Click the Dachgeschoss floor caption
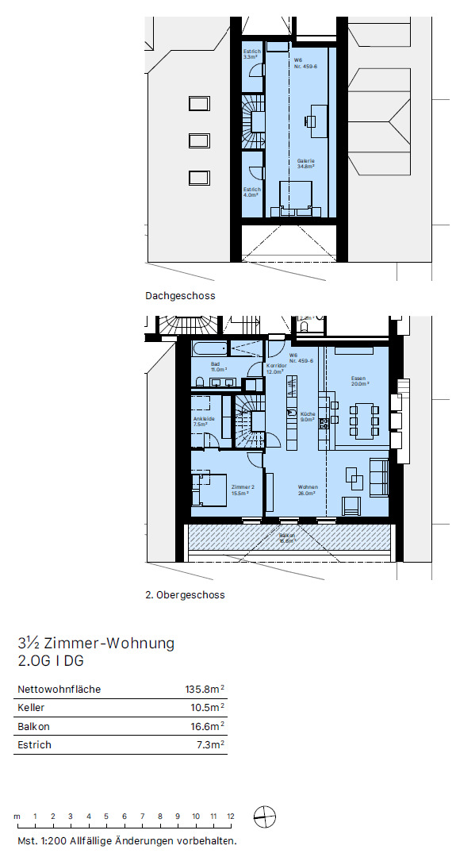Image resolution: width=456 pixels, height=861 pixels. [x=180, y=296]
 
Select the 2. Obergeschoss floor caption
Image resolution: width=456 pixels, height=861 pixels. [x=185, y=594]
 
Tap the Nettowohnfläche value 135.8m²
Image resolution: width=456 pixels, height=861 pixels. [x=205, y=690]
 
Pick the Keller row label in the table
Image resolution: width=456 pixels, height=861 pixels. [x=31, y=708]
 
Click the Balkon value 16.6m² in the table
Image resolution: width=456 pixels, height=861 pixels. [x=207, y=726]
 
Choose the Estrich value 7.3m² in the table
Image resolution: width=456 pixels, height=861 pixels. [x=209, y=745]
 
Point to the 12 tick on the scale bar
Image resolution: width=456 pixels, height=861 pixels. [x=231, y=817]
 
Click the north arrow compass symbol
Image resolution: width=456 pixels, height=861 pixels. [x=264, y=817]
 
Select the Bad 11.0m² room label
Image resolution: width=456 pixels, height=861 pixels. [x=219, y=367]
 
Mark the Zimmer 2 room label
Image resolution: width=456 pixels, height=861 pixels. [x=242, y=490]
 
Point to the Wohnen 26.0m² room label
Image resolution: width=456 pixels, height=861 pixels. [x=308, y=490]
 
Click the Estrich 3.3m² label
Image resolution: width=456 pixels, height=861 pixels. [x=251, y=54]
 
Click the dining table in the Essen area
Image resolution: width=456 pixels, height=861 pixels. [x=365, y=420]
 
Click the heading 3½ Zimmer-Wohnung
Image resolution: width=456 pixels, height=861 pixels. [x=95, y=643]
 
